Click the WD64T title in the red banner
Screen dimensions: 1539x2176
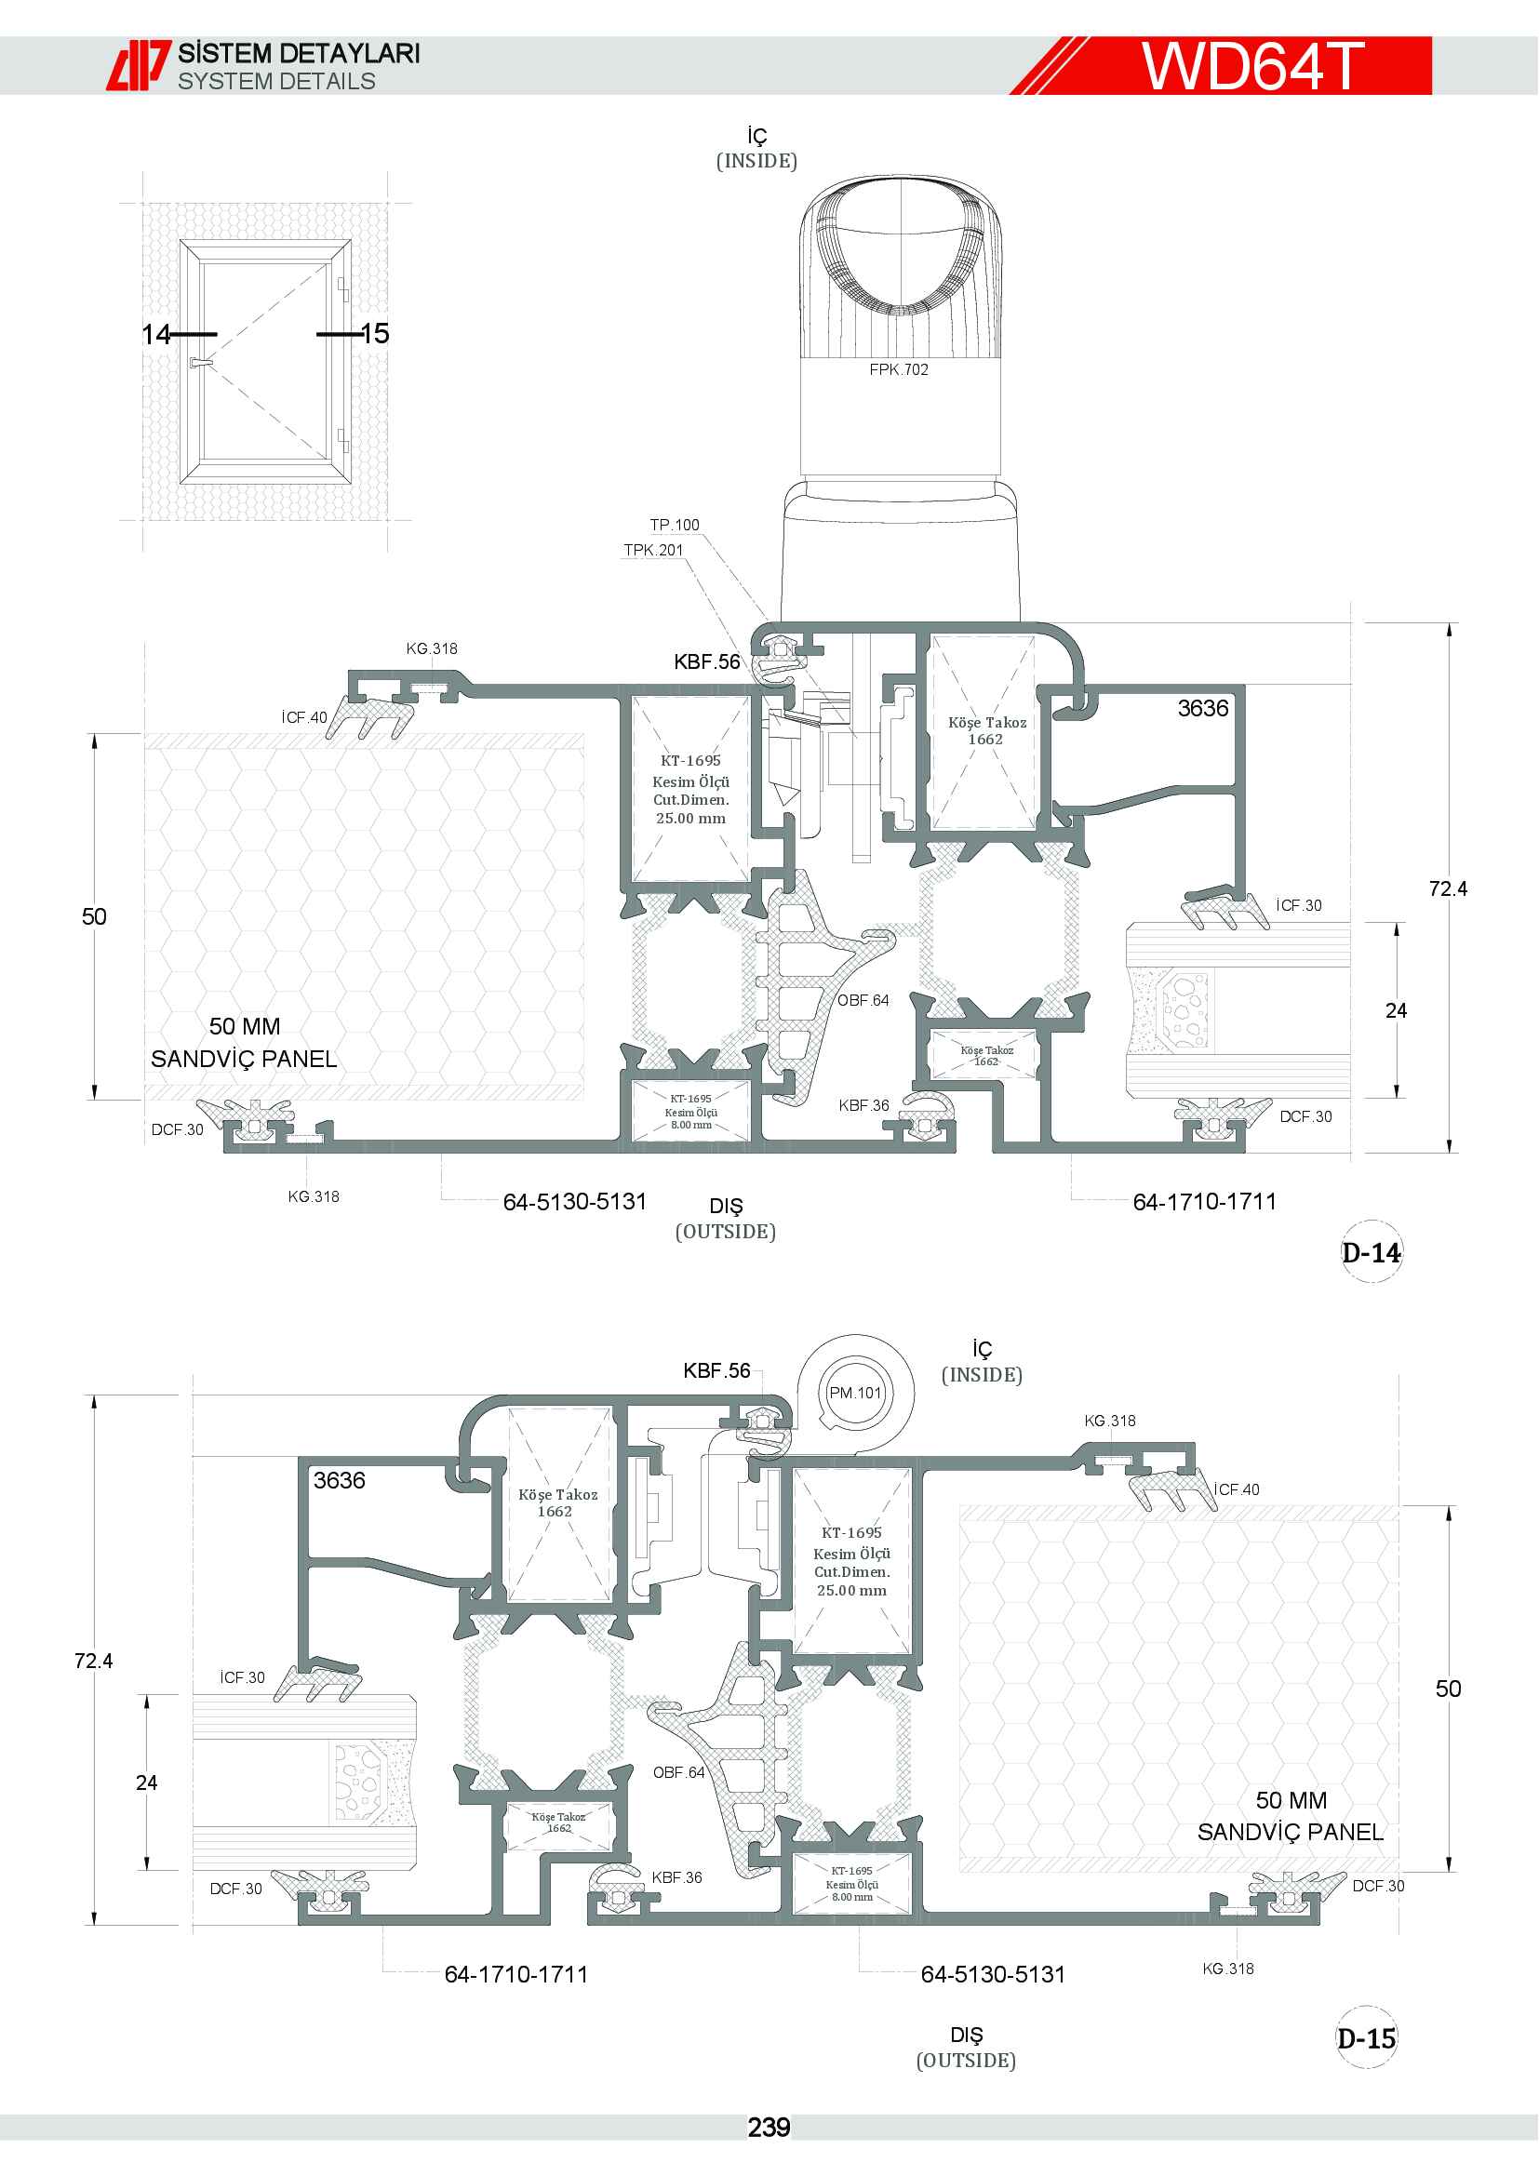1251,65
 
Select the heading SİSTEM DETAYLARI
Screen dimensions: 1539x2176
300,53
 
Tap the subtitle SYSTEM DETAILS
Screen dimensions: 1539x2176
276,82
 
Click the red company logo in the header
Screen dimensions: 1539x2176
139,65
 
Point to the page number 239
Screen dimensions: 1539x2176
769,2128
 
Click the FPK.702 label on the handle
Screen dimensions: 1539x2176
899,369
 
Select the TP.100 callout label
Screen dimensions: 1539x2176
674,525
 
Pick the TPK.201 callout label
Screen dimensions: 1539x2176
653,550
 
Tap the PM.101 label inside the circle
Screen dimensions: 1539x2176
855,1393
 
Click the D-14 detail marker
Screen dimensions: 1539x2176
1372,1253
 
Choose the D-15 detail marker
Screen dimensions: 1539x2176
1367,2037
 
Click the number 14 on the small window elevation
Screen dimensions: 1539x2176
155,334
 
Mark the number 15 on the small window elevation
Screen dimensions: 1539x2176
375,334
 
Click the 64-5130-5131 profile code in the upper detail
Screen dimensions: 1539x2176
574,1202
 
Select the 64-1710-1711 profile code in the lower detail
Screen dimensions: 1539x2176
516,1974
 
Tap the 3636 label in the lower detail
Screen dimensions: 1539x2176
340,1480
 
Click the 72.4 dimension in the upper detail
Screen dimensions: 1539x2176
1447,888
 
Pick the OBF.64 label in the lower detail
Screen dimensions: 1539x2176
678,1772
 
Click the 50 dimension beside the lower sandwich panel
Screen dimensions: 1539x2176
1447,1688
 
